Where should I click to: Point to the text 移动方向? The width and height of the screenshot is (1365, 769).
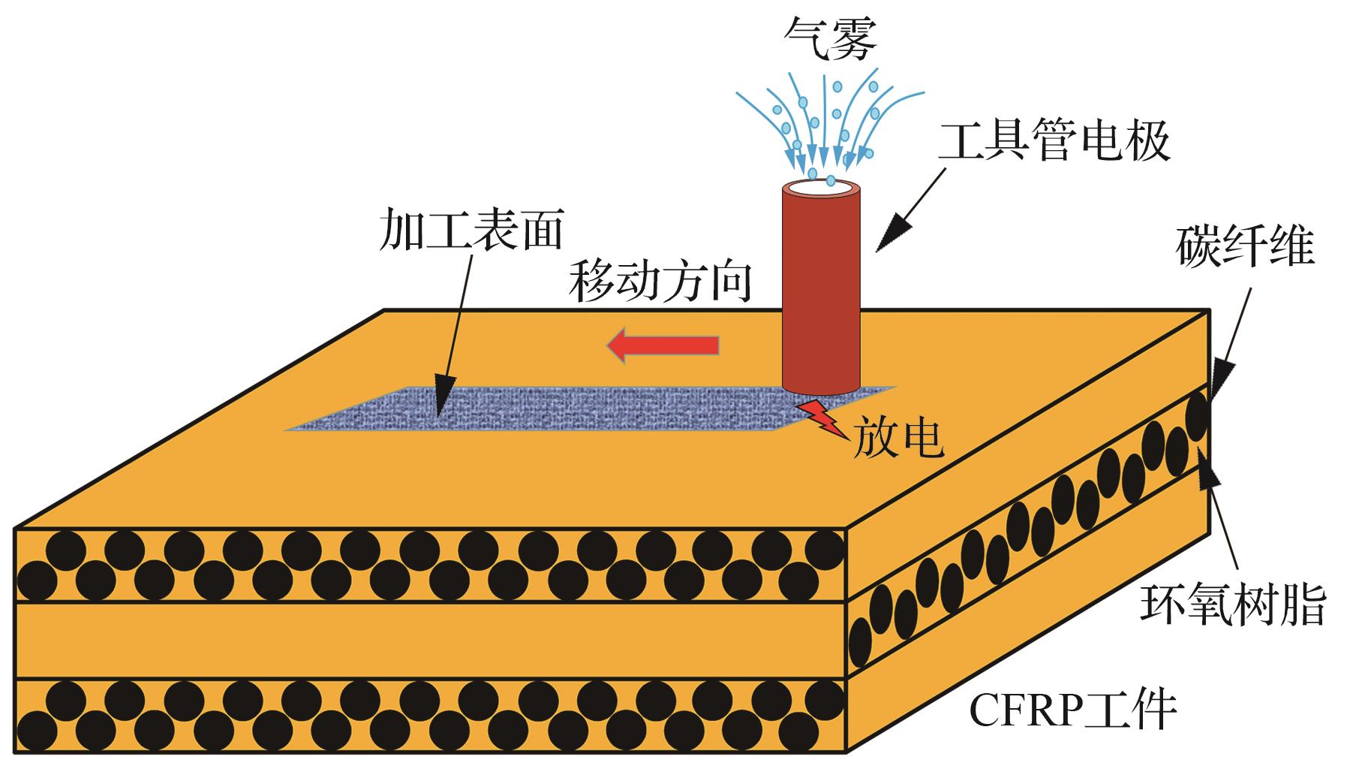pyautogui.click(x=660, y=282)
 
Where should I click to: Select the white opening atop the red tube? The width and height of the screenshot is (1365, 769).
pyautogui.click(x=820, y=187)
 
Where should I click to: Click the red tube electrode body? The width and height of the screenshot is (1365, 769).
pyautogui.click(x=820, y=293)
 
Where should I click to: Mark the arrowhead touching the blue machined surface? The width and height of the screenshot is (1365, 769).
pyautogui.click(x=441, y=402)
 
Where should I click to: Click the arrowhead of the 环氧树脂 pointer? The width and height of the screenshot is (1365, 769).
pyautogui.click(x=1208, y=473)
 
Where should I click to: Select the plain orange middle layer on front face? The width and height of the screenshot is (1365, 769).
pyautogui.click(x=428, y=640)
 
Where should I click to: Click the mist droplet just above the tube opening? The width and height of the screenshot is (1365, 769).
pyautogui.click(x=831, y=180)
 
